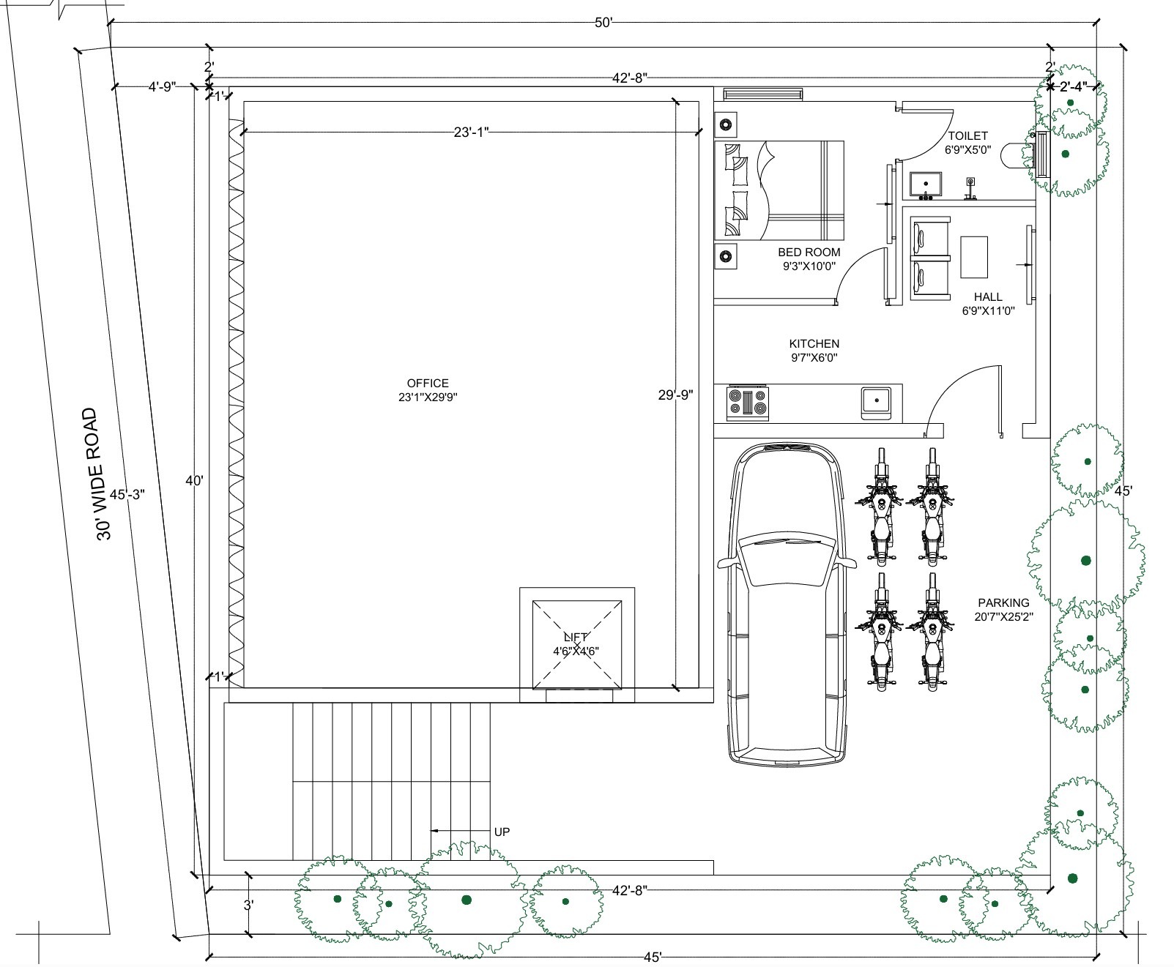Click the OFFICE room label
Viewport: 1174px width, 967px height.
click(x=428, y=383)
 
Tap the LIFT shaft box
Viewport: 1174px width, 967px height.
click(x=577, y=644)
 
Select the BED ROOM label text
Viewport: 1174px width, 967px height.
click(x=809, y=253)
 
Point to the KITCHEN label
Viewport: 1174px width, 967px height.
click(x=814, y=343)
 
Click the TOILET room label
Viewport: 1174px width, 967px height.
click(x=967, y=136)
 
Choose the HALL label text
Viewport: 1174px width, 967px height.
click(x=988, y=297)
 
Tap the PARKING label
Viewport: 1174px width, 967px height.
click(x=1003, y=603)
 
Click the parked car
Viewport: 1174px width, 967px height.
click(x=786, y=604)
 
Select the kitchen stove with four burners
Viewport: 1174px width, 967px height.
click(x=748, y=402)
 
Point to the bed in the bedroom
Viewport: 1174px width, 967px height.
click(x=779, y=190)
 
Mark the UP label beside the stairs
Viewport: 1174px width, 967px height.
click(x=502, y=832)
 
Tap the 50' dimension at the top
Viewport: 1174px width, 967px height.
click(x=602, y=23)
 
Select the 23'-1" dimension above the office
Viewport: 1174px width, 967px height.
click(x=471, y=132)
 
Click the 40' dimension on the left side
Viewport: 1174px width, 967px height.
click(x=194, y=481)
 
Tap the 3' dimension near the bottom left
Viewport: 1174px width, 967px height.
click(x=249, y=905)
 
